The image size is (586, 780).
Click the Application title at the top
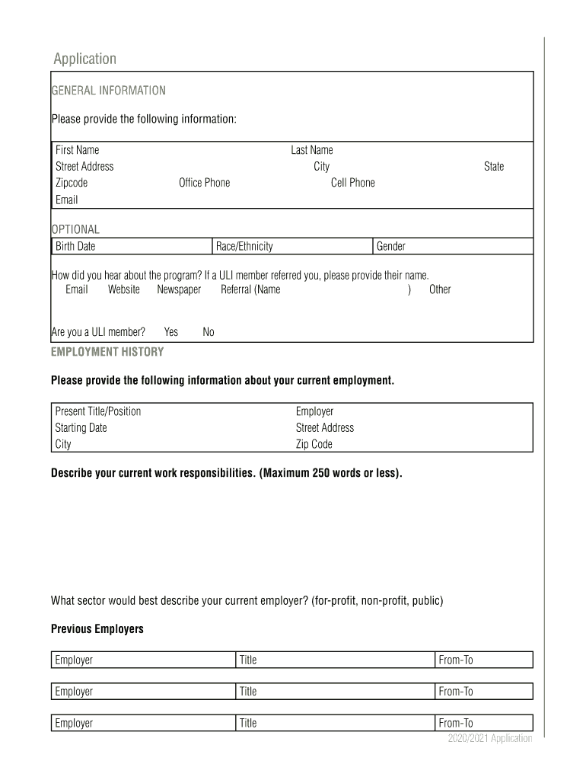coord(84,59)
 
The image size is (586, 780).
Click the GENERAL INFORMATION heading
coord(108,91)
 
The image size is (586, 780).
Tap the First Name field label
coord(77,150)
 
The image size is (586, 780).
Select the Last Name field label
coord(311,150)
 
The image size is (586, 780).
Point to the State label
coord(493,166)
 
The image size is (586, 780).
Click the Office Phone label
coord(204,183)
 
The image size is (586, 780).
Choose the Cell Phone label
coord(352,183)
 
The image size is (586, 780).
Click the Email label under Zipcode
coord(66,200)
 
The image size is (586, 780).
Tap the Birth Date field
coord(132,246)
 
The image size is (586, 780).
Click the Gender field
coord(453,246)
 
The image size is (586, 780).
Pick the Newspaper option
coord(179,289)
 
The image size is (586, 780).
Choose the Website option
coord(123,289)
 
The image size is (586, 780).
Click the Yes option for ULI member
coord(170,332)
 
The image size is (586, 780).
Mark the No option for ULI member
coord(208,332)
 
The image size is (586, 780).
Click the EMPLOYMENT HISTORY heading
coord(107,352)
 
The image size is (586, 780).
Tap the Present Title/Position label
coord(97,411)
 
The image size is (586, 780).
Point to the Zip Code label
coord(314,444)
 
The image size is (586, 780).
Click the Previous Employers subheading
coord(97,629)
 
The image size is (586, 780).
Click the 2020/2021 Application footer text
coord(489,739)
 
